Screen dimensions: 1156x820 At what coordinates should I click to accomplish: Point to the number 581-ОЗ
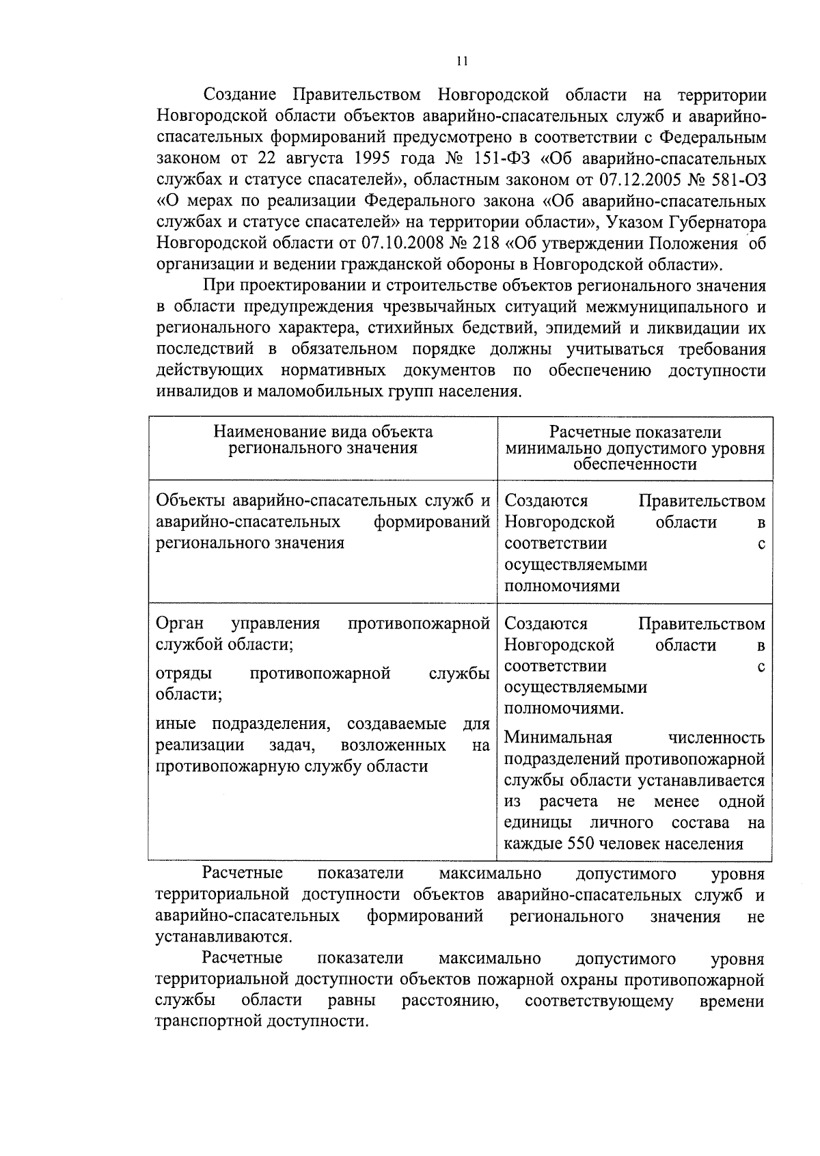(x=736, y=180)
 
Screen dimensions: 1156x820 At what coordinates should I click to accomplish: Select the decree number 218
(x=487, y=243)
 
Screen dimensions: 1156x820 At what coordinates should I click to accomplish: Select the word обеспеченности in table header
(x=635, y=465)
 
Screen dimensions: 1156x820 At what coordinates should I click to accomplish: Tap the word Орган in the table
(x=180, y=624)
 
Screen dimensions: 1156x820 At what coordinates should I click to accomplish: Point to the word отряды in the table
(x=184, y=674)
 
